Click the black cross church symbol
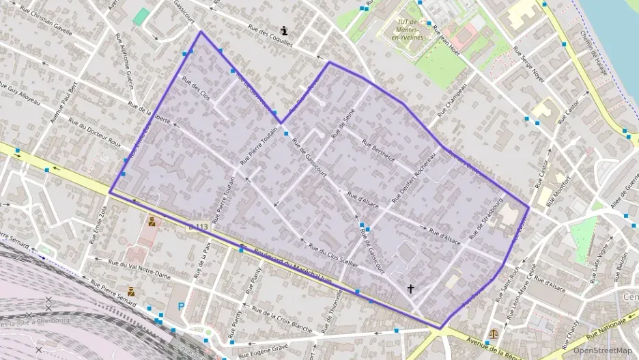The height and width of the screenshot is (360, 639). click(410, 289)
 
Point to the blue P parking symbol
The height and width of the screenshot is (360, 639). click(181, 307)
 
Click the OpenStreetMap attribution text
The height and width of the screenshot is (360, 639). click(602, 350)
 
